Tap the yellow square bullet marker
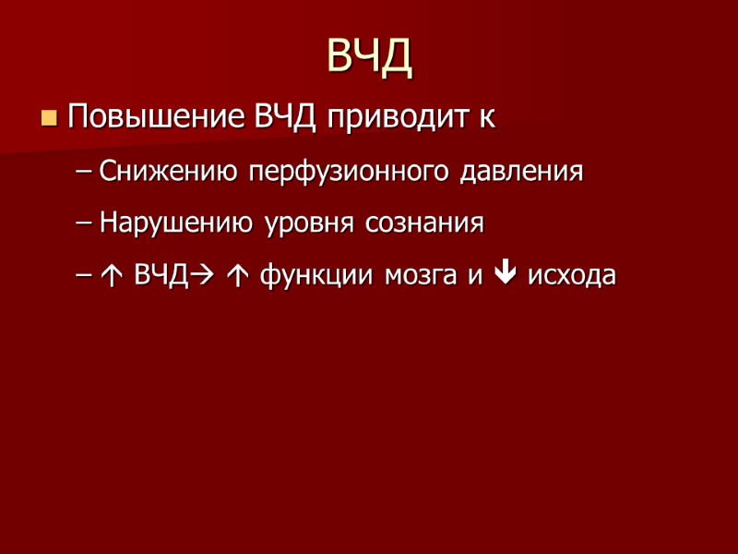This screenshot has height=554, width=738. pos(49,119)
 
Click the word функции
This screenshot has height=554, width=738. pos(305,277)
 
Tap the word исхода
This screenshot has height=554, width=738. pos(571,277)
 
